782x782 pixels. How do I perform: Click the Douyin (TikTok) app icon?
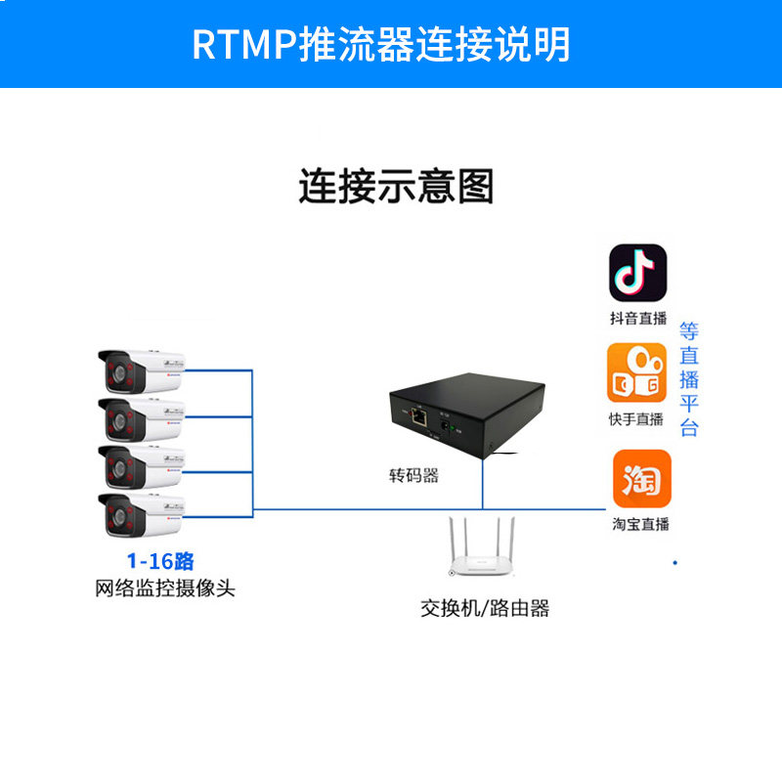[638, 273]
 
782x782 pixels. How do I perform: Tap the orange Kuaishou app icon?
[636, 372]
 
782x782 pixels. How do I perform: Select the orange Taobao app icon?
[642, 478]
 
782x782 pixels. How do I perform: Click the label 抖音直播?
[638, 319]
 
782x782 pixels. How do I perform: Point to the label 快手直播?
[636, 419]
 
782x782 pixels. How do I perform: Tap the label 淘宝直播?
[641, 524]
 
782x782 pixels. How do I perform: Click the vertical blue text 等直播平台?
[689, 379]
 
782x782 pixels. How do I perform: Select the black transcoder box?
[467, 414]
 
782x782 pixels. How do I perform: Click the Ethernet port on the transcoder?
[418, 416]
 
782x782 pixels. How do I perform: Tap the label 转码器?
[413, 475]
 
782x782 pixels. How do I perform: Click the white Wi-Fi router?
[481, 546]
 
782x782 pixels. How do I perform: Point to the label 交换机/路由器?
[485, 608]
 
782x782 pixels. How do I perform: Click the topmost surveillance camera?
[142, 371]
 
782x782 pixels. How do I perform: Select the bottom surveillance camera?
[142, 515]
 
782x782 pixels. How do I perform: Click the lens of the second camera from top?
[119, 421]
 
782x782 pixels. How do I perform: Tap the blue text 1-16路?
[160, 561]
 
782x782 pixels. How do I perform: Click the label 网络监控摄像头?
[165, 588]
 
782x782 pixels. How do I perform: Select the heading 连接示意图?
[396, 186]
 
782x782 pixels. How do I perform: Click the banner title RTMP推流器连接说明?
[381, 44]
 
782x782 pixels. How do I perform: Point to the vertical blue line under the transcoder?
[482, 484]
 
